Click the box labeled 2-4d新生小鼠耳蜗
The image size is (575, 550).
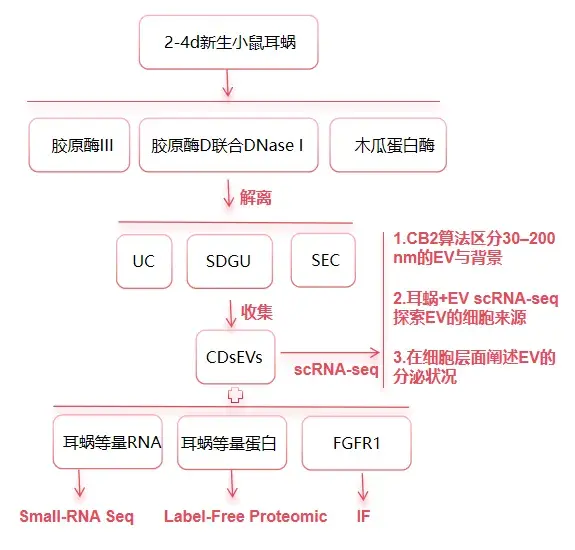pyautogui.click(x=228, y=42)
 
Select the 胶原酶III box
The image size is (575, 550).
pyautogui.click(x=79, y=145)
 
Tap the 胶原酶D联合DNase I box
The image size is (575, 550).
pyautogui.click(x=228, y=145)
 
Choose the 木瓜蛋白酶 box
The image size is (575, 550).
pyautogui.click(x=388, y=145)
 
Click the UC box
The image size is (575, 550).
pyautogui.click(x=144, y=261)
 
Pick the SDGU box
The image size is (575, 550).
pyautogui.click(x=230, y=261)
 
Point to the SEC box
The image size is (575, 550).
pyautogui.click(x=323, y=260)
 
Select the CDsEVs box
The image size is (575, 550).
pyautogui.click(x=235, y=357)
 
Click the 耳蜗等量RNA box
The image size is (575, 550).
pyautogui.click(x=108, y=442)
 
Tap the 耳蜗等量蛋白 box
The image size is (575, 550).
pyautogui.click(x=232, y=443)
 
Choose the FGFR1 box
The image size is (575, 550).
pyautogui.click(x=356, y=443)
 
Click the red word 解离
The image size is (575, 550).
pyautogui.click(x=256, y=197)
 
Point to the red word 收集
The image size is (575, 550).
pyautogui.click(x=257, y=312)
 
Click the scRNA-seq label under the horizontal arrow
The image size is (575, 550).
pyautogui.click(x=336, y=370)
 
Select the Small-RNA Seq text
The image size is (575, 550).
pyautogui.click(x=77, y=517)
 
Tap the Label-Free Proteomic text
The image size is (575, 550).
pyautogui.click(x=245, y=516)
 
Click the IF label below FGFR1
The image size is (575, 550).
pyautogui.click(x=363, y=516)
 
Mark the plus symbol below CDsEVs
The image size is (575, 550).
pyautogui.click(x=235, y=395)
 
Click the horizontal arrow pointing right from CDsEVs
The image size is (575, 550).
pyautogui.click(x=330, y=353)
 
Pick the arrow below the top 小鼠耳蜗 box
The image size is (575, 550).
pyautogui.click(x=228, y=83)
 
